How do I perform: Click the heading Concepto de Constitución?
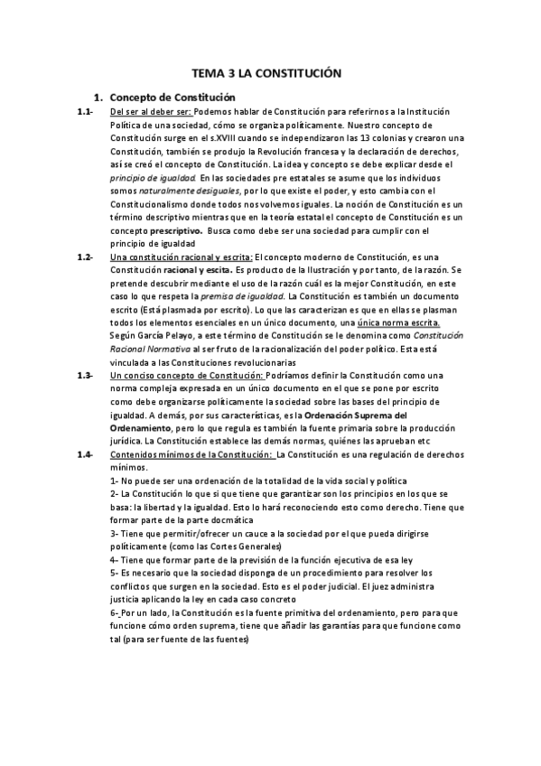(172, 97)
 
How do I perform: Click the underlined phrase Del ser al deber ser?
(150, 111)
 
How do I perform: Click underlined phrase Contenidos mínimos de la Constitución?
(191, 453)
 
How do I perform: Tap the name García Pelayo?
(173, 335)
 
